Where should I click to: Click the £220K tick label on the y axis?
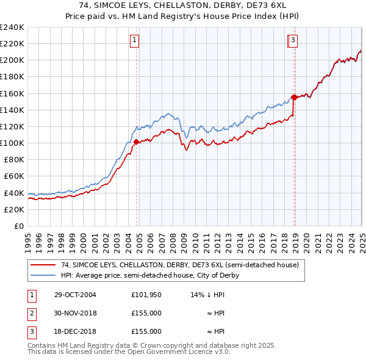point(12,44)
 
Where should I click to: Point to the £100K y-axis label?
point(12,143)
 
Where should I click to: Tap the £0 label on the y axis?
point(19,226)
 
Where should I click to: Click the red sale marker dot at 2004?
point(137,142)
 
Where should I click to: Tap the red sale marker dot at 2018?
point(294,97)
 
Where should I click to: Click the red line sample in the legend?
point(42,265)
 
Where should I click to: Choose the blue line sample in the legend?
point(42,275)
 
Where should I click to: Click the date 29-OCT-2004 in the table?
point(75,295)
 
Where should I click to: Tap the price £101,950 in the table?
point(146,295)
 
